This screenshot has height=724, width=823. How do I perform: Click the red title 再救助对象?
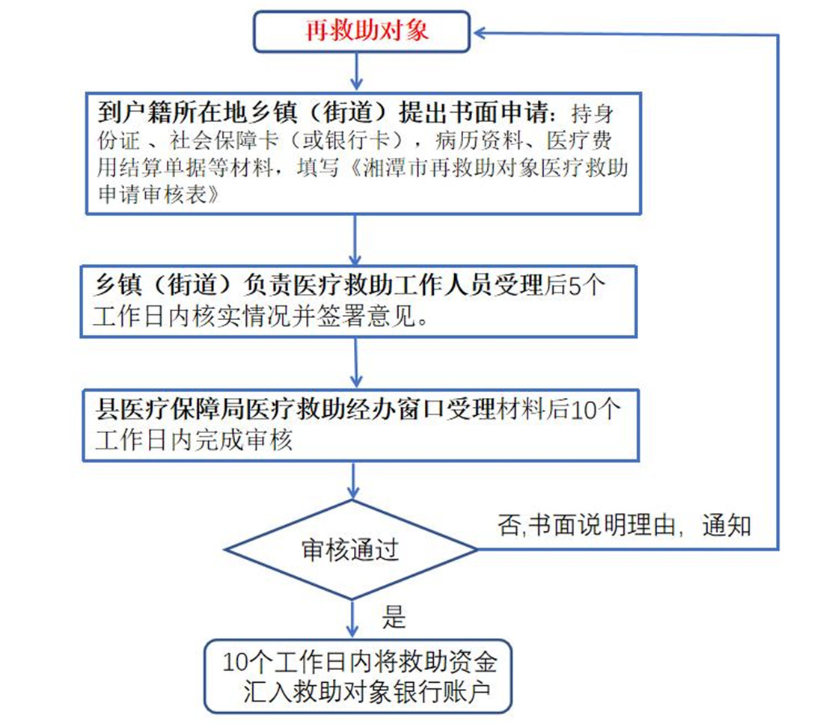pyautogui.click(x=367, y=31)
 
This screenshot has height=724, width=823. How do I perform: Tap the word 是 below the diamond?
pyautogui.click(x=394, y=617)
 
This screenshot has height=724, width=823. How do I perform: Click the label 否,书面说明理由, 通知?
pyautogui.click(x=624, y=525)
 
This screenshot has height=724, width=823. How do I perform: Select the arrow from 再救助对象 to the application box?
pyautogui.click(x=357, y=71)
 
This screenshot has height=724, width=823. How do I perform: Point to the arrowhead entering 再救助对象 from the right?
pyautogui.click(x=480, y=32)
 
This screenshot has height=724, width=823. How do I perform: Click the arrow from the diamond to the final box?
pyautogui.click(x=352, y=619)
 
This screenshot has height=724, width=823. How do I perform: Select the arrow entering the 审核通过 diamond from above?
pyautogui.click(x=354, y=480)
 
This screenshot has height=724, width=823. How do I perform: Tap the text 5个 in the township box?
pyautogui.click(x=587, y=286)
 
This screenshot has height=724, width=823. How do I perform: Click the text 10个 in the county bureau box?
pyautogui.click(x=596, y=409)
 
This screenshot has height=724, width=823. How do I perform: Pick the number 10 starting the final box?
pyautogui.click(x=235, y=662)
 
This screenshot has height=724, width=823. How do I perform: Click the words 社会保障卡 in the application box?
pyautogui.click(x=223, y=140)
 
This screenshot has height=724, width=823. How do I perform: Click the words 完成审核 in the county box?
pyautogui.click(x=244, y=440)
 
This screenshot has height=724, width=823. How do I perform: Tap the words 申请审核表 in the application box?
pyautogui.click(x=152, y=194)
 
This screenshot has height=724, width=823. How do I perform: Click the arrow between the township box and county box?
pyautogui.click(x=356, y=362)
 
